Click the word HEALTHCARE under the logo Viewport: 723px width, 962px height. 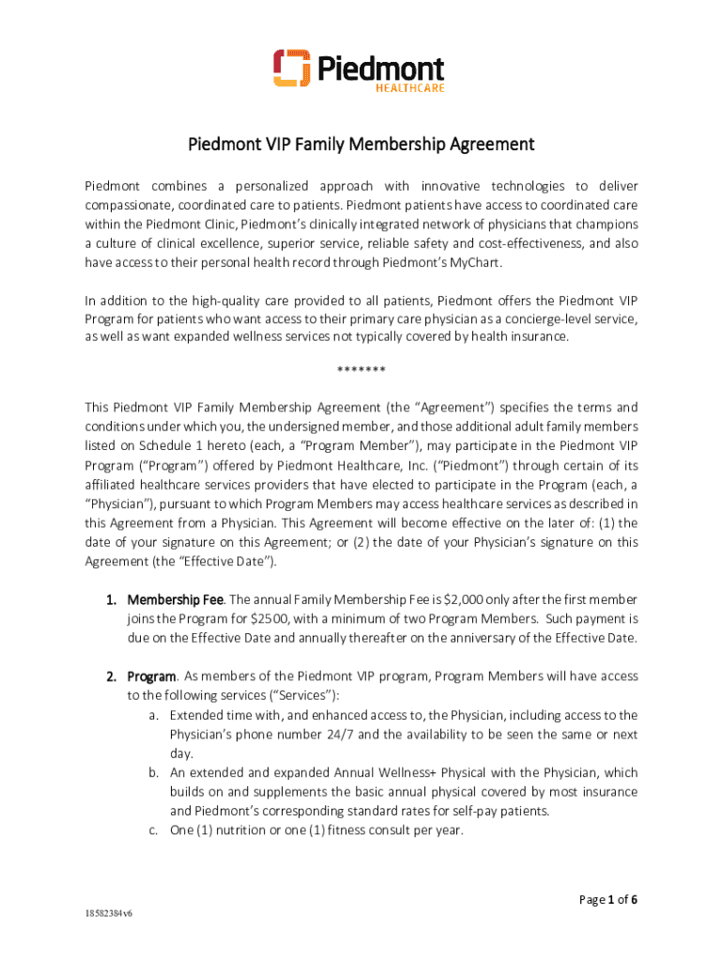coord(408,88)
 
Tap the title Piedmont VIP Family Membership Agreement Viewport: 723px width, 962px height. coord(361,145)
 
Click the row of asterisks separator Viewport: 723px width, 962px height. coord(361,369)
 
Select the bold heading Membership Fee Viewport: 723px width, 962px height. coord(176,599)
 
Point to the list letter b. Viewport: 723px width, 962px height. coord(153,772)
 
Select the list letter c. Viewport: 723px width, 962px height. coord(153,830)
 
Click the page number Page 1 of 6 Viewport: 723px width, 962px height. coord(608,900)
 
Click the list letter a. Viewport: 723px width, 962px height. coord(153,715)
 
